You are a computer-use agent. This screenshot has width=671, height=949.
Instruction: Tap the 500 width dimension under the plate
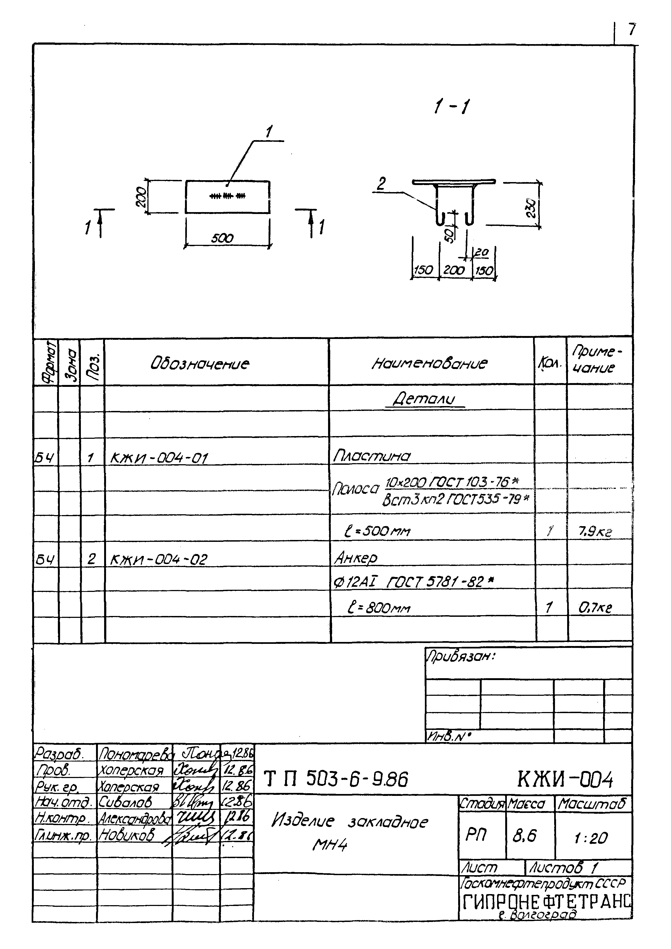coord(222,239)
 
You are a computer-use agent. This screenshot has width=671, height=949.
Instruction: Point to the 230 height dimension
coord(532,208)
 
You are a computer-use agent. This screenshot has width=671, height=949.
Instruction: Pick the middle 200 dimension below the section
coord(454,270)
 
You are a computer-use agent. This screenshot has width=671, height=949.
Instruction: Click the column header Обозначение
coord(200,364)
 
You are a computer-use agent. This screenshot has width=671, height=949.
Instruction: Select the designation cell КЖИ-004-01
coord(159,458)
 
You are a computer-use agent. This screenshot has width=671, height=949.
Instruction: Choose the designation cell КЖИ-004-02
coord(159,560)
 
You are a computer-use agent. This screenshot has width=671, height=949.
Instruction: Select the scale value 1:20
coord(591,838)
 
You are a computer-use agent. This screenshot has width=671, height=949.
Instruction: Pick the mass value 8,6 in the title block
coord(524,836)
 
